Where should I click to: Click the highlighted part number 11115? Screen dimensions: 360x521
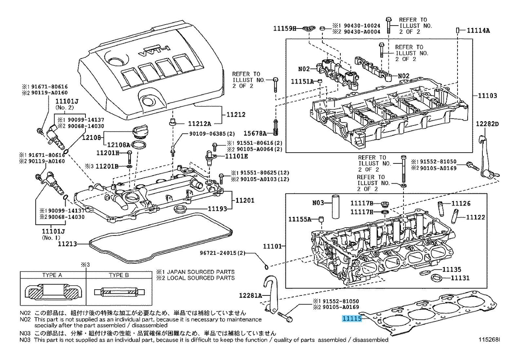(x=352, y=319)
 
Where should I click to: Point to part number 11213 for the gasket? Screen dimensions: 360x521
(x=67, y=244)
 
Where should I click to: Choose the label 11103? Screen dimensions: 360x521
(x=487, y=96)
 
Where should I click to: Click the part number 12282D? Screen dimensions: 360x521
(x=487, y=124)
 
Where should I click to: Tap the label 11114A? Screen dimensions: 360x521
(x=478, y=31)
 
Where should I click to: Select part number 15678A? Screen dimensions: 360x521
(x=254, y=133)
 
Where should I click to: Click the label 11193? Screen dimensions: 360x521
(x=217, y=208)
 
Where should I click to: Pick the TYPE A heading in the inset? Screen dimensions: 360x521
(x=52, y=275)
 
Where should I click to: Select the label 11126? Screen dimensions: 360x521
(x=461, y=203)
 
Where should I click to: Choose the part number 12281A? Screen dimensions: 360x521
(x=250, y=295)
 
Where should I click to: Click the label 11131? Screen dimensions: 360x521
(x=461, y=278)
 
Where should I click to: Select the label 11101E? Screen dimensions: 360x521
(x=237, y=156)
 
